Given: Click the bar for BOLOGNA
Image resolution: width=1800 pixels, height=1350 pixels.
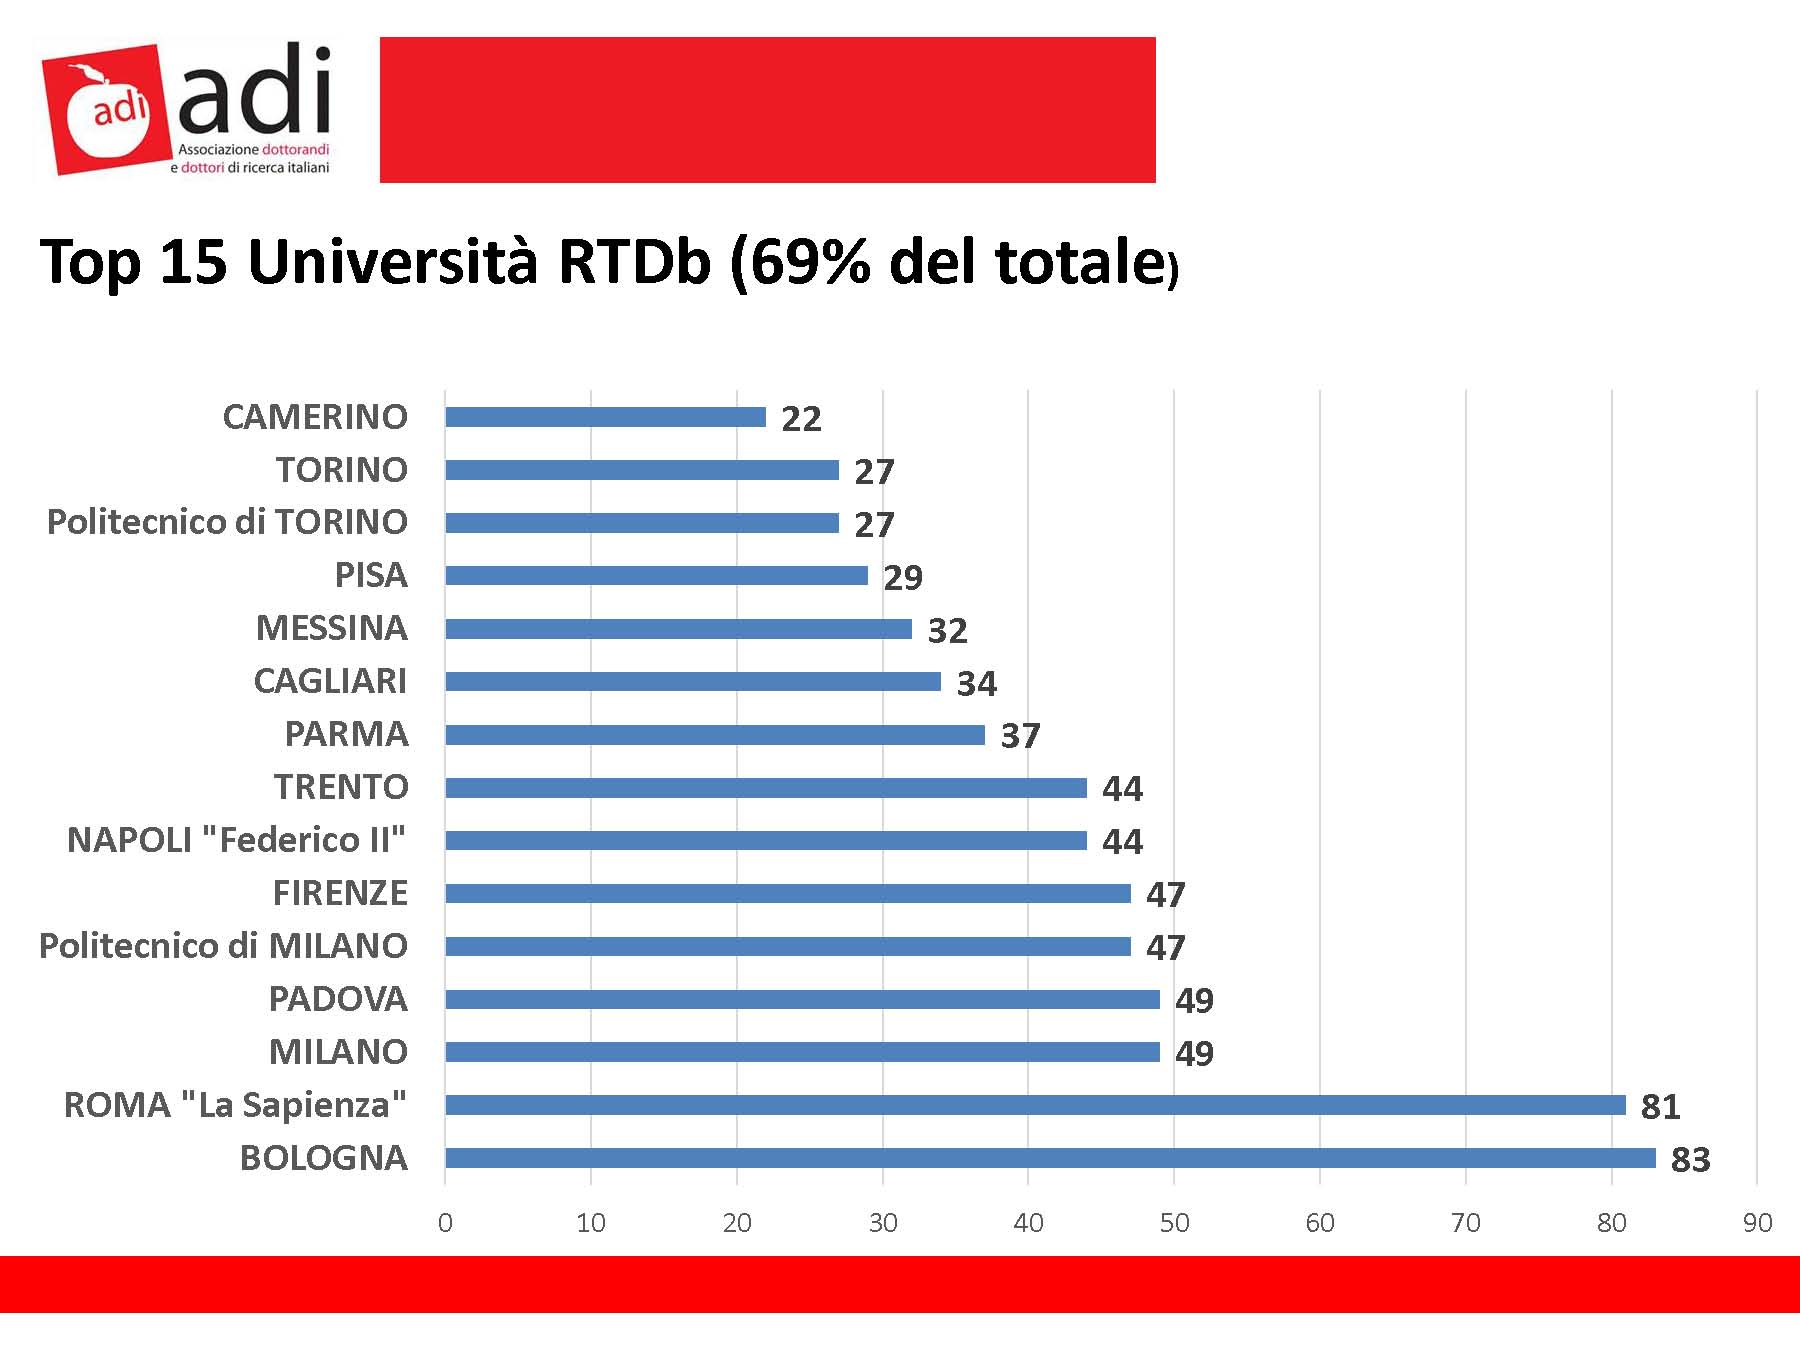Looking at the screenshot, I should click(x=1050, y=1158).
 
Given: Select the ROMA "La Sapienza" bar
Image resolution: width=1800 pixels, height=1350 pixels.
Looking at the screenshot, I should click(x=1035, y=1105).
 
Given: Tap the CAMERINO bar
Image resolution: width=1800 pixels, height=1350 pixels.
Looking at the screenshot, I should click(x=605, y=417).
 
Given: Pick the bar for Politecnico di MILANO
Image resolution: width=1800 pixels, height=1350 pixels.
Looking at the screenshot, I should click(x=788, y=946).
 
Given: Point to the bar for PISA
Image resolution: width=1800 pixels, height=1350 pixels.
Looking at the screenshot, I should click(x=656, y=575).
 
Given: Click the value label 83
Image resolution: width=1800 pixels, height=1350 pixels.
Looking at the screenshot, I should click(x=1691, y=1160).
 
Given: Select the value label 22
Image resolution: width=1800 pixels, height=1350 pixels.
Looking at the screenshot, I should click(x=801, y=419).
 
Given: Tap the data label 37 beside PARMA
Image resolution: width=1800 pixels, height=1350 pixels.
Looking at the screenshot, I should click(x=1020, y=737).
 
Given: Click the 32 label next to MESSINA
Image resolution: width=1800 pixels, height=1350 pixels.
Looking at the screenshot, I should click(x=947, y=631).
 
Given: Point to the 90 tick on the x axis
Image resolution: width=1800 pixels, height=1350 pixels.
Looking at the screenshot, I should click(x=1757, y=1223).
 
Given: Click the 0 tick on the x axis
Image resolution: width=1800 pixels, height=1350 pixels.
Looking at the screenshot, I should click(x=445, y=1223).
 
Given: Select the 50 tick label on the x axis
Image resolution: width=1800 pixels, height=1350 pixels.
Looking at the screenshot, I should click(x=1174, y=1223).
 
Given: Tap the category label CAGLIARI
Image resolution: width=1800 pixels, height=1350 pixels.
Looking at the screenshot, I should click(x=330, y=681).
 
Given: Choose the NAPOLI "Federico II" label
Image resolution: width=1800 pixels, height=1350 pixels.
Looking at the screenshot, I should click(x=236, y=840).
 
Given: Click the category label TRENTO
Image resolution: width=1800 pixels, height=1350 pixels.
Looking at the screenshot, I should click(x=341, y=787).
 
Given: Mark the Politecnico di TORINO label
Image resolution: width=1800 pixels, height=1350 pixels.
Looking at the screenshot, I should click(x=227, y=522).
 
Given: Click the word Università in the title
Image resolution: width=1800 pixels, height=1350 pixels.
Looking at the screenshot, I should click(x=393, y=262).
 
